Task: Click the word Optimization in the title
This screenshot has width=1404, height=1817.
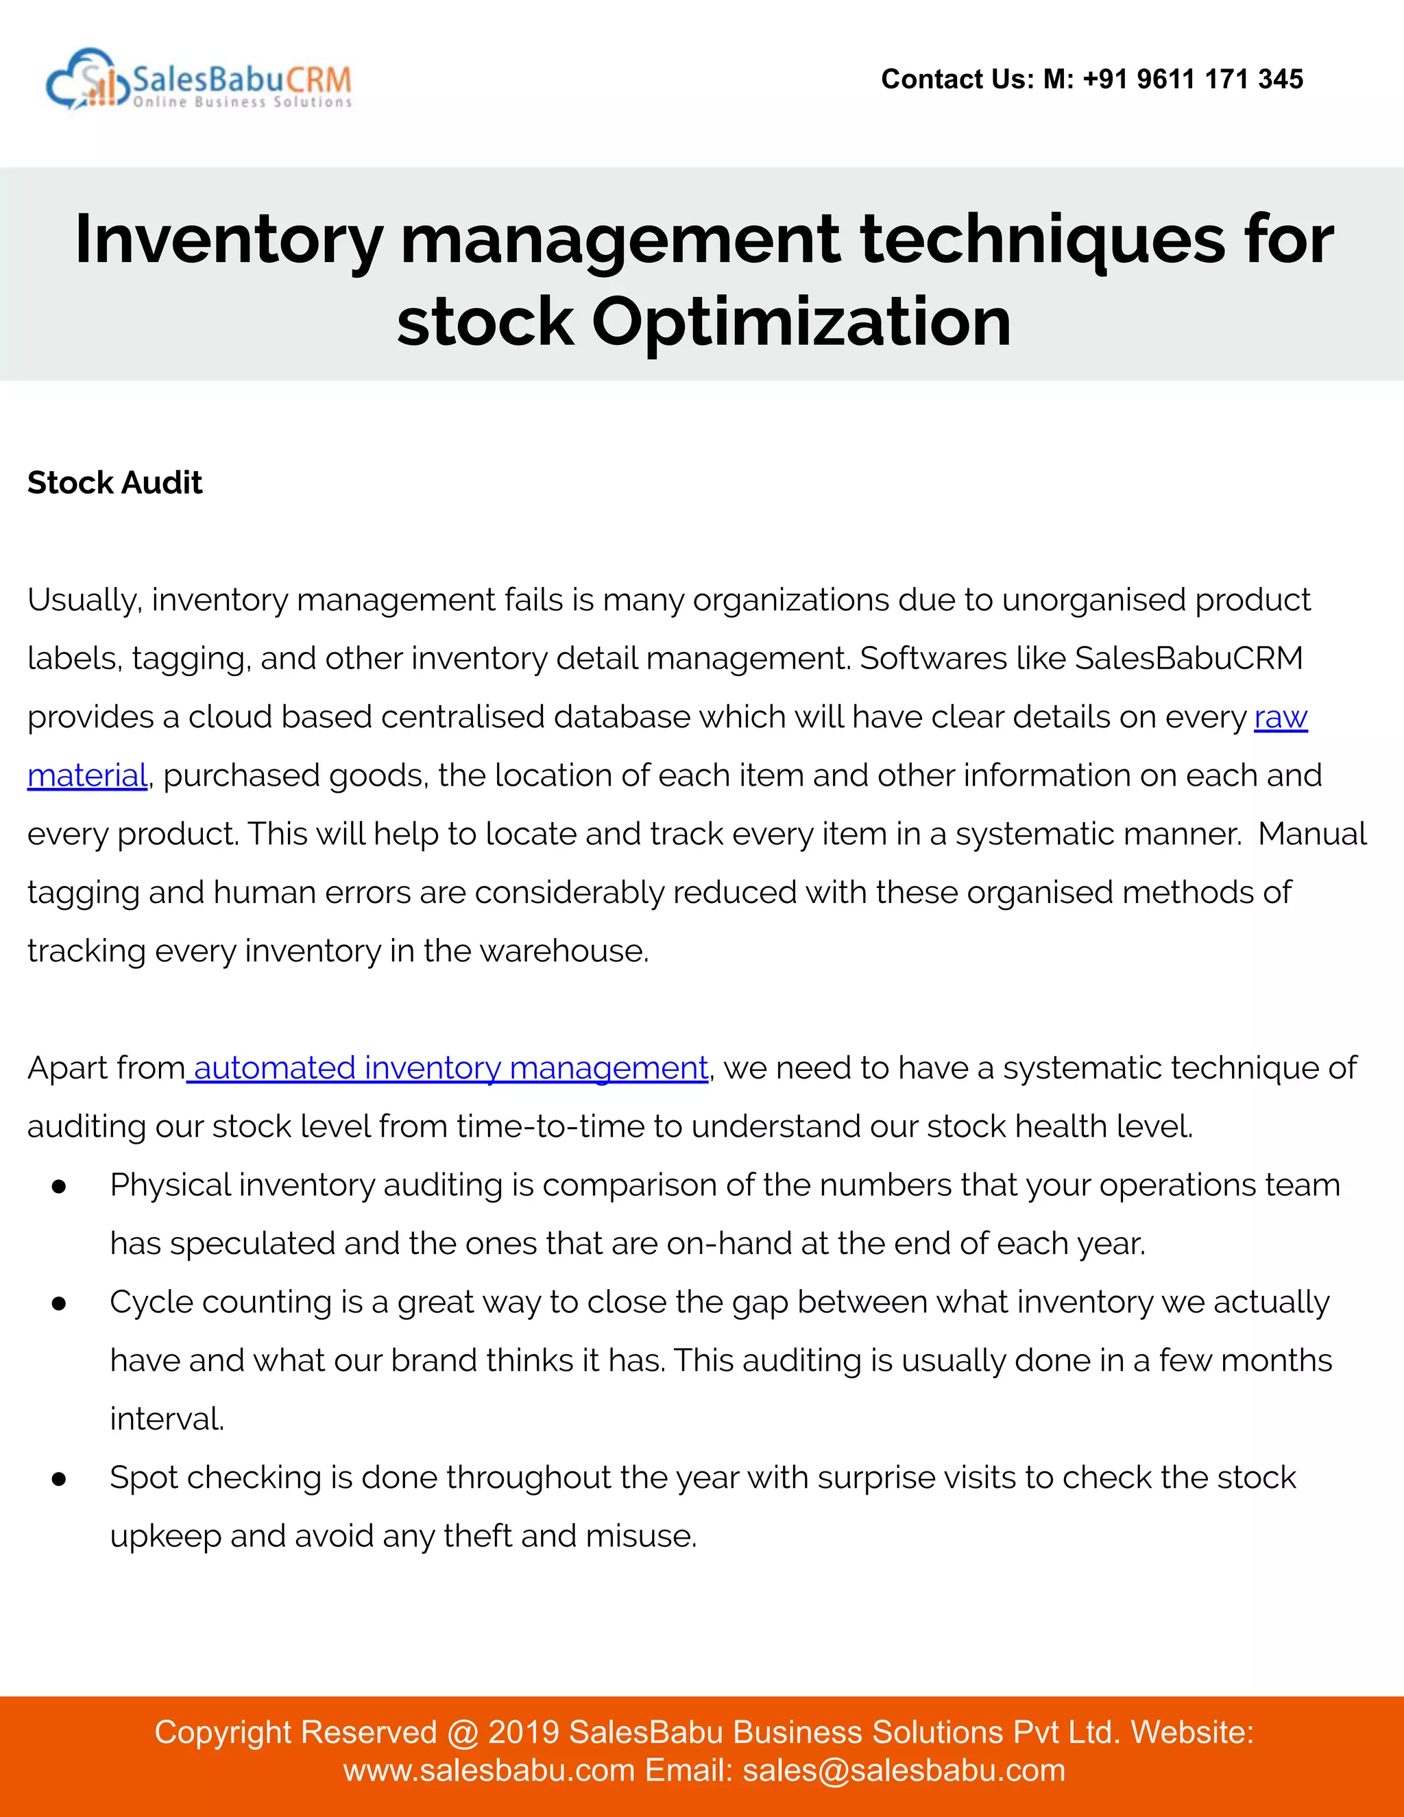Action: [801, 322]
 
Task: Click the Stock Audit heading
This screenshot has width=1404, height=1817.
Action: [114, 483]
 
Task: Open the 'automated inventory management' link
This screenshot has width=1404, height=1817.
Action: [450, 1068]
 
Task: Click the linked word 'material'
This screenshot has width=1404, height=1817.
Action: [87, 775]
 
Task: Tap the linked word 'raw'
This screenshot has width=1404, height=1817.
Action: [1280, 717]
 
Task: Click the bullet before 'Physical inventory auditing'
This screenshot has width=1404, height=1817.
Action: [59, 1187]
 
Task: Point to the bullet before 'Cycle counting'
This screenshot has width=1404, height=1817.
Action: [59, 1303]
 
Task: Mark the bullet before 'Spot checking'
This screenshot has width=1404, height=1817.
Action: [59, 1479]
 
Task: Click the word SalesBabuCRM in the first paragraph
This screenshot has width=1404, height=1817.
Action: [1189, 658]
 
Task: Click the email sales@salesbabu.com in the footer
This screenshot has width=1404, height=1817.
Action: [904, 1770]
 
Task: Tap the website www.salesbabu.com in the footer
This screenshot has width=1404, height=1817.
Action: [489, 1770]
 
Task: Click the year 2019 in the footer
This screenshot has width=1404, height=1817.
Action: [523, 1732]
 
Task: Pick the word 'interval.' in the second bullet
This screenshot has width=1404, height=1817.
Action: [167, 1419]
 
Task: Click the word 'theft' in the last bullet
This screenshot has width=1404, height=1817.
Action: [477, 1536]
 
